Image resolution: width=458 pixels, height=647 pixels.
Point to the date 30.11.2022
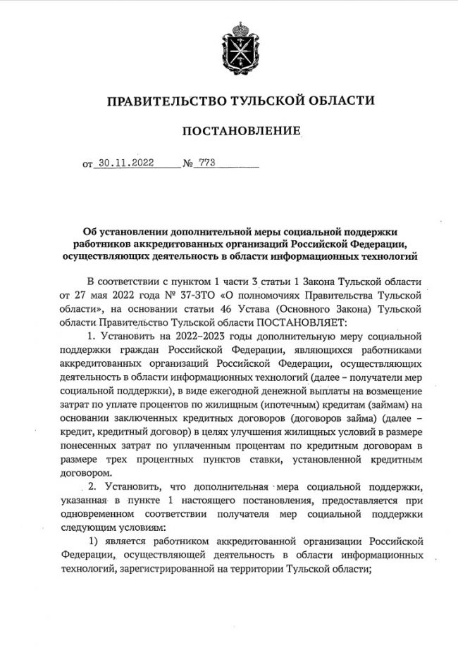pos(125,164)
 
